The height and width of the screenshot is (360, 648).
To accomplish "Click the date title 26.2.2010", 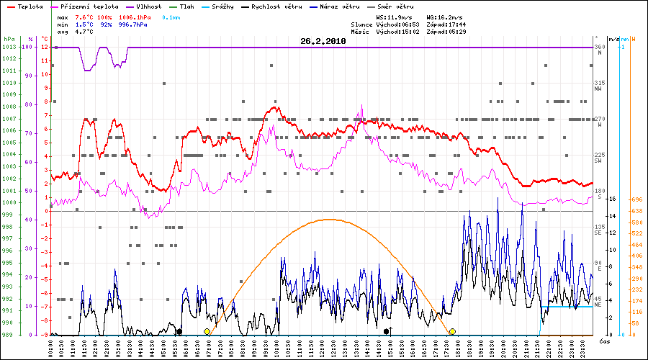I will tap(323, 41).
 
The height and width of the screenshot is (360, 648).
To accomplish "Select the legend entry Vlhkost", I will tap(147, 6).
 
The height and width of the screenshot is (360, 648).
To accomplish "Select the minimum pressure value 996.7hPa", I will tap(132, 24).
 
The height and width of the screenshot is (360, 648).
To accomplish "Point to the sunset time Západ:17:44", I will tap(446, 24).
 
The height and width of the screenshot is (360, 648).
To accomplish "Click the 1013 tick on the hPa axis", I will tap(9, 48).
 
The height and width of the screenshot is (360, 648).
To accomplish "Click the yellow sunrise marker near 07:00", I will tap(207, 331).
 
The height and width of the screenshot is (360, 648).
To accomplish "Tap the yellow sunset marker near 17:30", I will tap(452, 331).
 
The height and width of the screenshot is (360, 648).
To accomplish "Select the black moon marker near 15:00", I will tap(387, 331).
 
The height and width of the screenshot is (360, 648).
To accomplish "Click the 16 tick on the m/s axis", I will tap(612, 199).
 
